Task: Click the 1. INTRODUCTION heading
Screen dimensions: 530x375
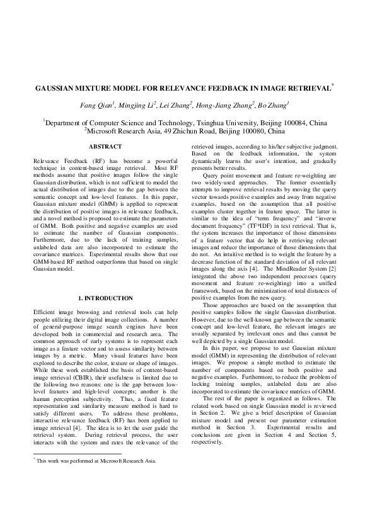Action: click(105, 298)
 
